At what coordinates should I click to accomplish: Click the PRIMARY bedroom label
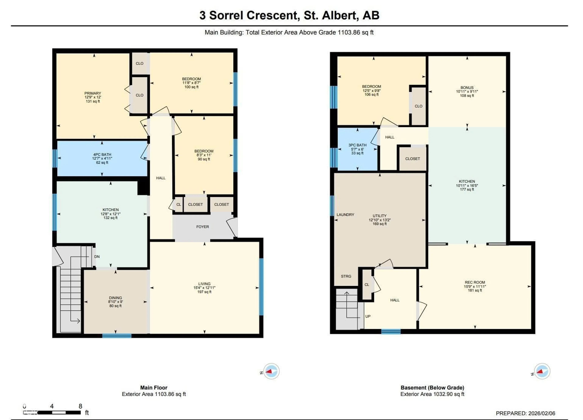[93, 93]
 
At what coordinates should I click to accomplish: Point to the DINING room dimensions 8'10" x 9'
[115, 302]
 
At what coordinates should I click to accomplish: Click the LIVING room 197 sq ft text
[204, 292]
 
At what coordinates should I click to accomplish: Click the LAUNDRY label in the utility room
[345, 215]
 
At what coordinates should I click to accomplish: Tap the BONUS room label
[467, 87]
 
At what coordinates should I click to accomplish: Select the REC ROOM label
[475, 282]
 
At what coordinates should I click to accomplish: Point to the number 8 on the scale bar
[80, 406]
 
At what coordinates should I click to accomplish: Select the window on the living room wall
[261, 287]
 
